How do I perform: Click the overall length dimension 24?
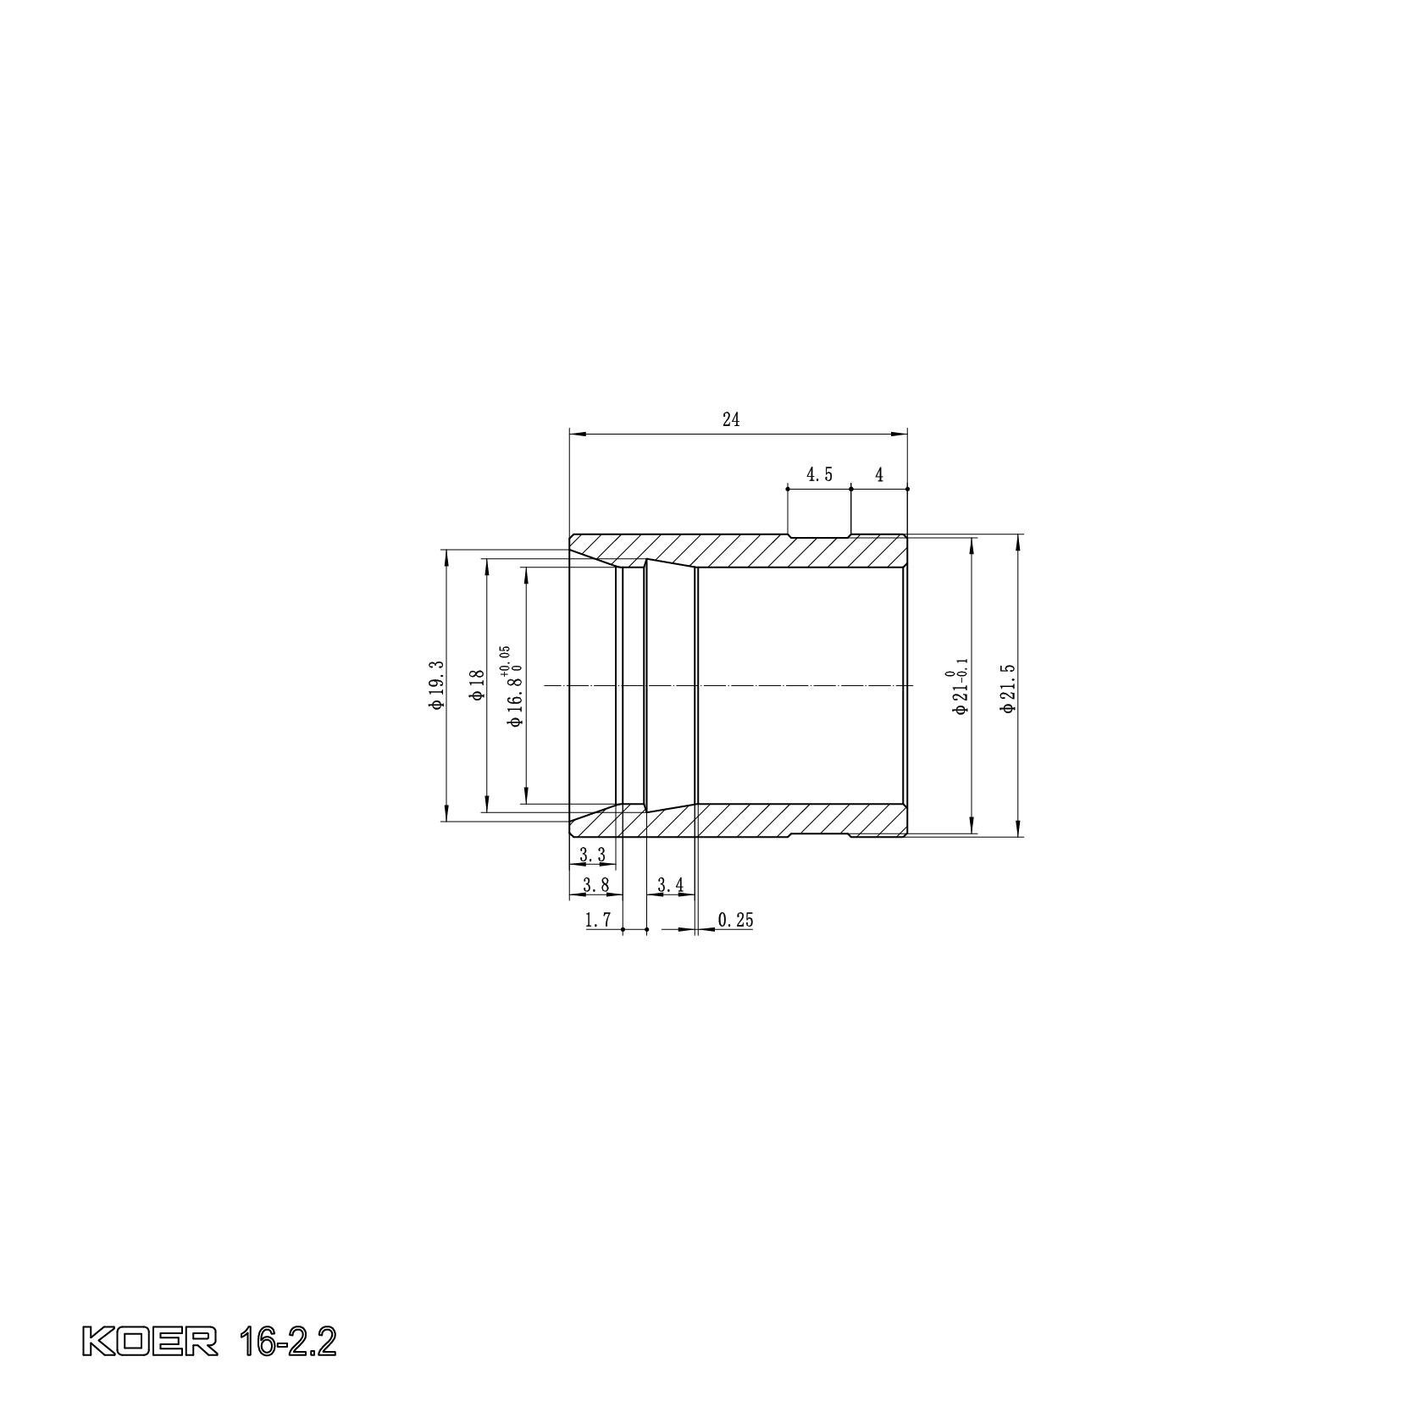coord(731,419)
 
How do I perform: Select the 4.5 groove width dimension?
coord(818,475)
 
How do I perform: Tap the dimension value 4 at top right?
coord(879,475)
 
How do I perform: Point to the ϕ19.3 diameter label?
coord(436,684)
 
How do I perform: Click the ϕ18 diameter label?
coord(478,684)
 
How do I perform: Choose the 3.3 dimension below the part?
coord(592,856)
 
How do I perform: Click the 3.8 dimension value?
coord(595,886)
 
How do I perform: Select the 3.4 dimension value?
coord(670,886)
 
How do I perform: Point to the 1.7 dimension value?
coord(598,921)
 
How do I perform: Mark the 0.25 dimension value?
coord(735,921)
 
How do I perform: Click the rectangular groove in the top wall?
coord(818,536)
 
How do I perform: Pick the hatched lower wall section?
coord(762,819)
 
